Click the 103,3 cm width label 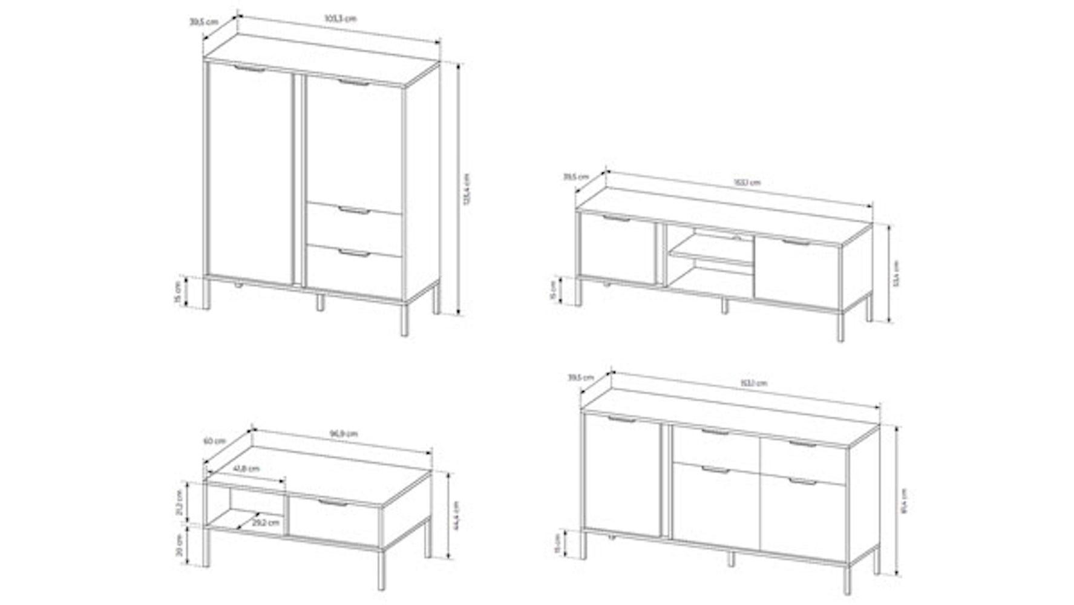341,18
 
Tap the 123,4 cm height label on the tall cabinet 466,189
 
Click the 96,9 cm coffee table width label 343,434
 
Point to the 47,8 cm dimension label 246,468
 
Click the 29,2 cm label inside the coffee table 266,522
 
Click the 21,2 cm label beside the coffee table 180,502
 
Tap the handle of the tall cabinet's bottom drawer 355,253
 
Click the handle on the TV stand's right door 797,243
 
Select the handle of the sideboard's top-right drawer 804,443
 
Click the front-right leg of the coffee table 381,569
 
